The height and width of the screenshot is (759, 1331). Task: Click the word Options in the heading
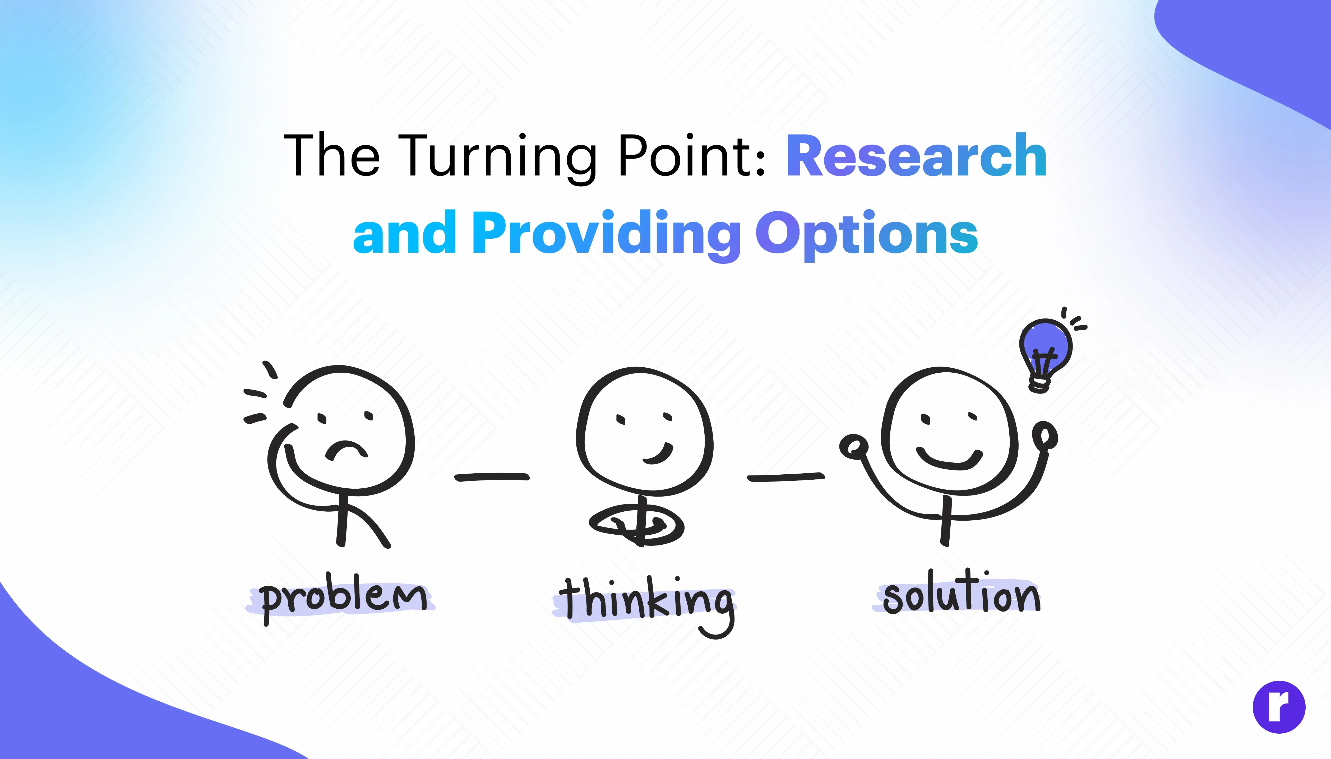[x=866, y=235]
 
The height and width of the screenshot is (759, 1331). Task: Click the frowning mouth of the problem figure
[x=345, y=449]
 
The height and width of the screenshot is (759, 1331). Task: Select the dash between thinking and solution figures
[x=786, y=476]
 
